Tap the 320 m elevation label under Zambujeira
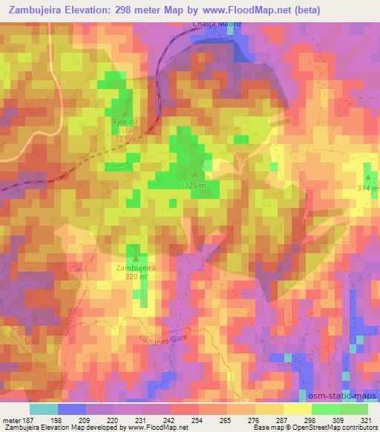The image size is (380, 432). (133, 277)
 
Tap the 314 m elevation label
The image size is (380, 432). (367, 189)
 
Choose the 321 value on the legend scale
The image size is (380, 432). (364, 419)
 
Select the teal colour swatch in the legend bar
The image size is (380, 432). (43, 409)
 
